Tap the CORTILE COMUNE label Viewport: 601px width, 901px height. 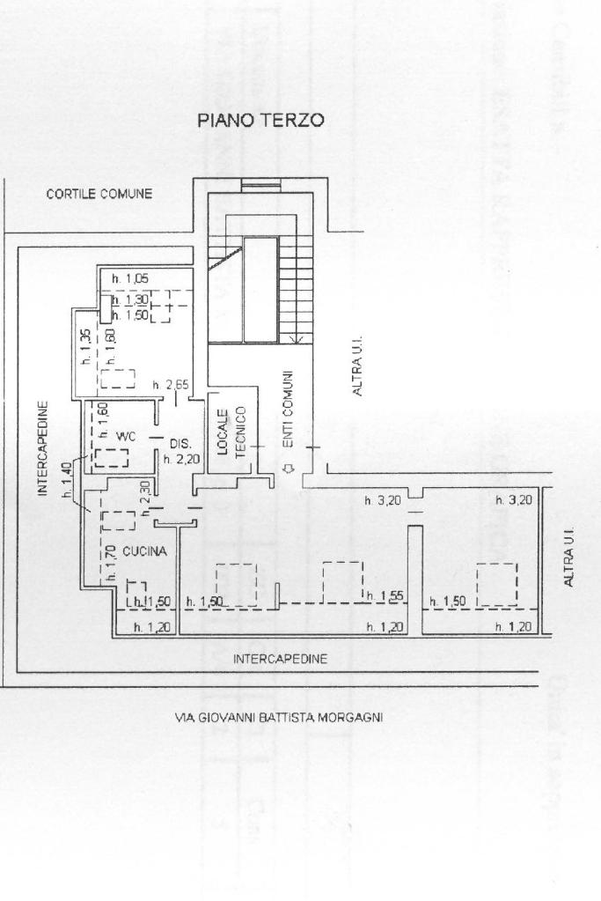pyautogui.click(x=99, y=194)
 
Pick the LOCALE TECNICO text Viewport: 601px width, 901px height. pyautogui.click(x=232, y=432)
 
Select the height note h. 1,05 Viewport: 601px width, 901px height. pyautogui.click(x=130, y=279)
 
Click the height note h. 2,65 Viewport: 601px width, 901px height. pyautogui.click(x=170, y=385)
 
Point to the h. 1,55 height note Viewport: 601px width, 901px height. pyautogui.click(x=384, y=596)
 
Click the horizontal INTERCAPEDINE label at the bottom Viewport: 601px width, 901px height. pyautogui.click(x=281, y=658)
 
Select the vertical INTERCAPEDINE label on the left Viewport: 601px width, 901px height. pyautogui.click(x=42, y=450)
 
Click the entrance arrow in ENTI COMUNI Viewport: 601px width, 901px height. pyautogui.click(x=287, y=468)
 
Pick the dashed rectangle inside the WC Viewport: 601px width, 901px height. pyautogui.click(x=112, y=458)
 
